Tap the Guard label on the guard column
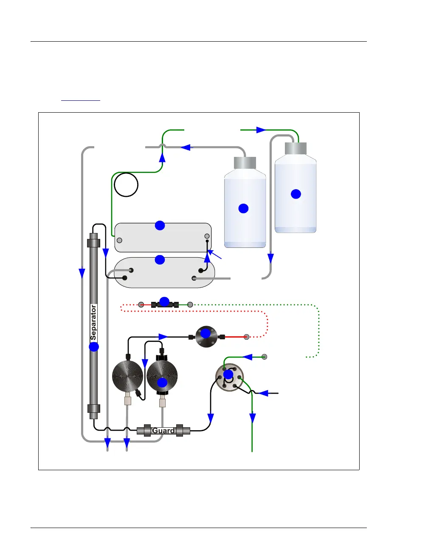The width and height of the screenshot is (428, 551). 163,431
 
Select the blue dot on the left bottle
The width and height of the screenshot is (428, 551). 243,208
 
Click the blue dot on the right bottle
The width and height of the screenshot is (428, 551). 296,194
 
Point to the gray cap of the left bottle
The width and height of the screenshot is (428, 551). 245,163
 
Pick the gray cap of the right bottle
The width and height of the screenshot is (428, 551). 296,148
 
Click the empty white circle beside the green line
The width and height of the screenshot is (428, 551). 126,185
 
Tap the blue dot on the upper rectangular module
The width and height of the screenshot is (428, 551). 160,225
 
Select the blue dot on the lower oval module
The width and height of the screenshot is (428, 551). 160,259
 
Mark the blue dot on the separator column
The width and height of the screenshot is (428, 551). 94,347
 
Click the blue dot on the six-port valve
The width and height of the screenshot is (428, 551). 228,375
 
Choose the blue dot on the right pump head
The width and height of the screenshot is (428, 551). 162,382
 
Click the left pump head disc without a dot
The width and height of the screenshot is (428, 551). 127,376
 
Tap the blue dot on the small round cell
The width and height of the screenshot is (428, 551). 206,333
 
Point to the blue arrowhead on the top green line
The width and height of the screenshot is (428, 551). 261,130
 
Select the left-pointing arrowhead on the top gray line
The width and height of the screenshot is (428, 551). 186,148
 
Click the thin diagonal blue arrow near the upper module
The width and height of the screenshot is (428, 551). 216,255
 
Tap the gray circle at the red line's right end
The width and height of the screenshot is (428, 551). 246,337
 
